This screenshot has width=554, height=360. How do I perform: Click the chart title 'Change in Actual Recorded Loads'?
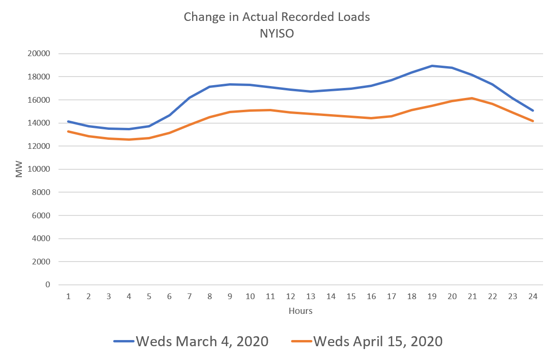point(277,17)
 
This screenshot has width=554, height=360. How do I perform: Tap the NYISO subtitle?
point(277,34)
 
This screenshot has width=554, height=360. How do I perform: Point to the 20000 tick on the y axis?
point(40,54)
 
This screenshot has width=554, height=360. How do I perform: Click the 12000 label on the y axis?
point(40,146)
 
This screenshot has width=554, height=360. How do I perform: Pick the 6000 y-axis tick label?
point(42,215)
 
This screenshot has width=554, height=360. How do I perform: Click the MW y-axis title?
point(19,170)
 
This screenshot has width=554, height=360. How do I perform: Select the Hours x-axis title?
point(301,311)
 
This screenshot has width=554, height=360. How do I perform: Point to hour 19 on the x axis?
point(432,297)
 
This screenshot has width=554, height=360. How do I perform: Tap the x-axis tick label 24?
point(533,297)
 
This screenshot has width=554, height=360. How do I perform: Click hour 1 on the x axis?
point(68,297)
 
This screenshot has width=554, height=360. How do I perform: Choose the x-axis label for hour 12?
point(291,297)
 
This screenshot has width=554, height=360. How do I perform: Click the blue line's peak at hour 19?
point(432,66)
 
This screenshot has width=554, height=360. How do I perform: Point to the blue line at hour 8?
point(210,87)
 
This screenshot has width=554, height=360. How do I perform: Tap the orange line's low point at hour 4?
point(129,139)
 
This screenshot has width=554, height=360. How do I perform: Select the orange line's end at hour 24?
point(533,121)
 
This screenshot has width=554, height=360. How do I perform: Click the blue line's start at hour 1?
point(68,122)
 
